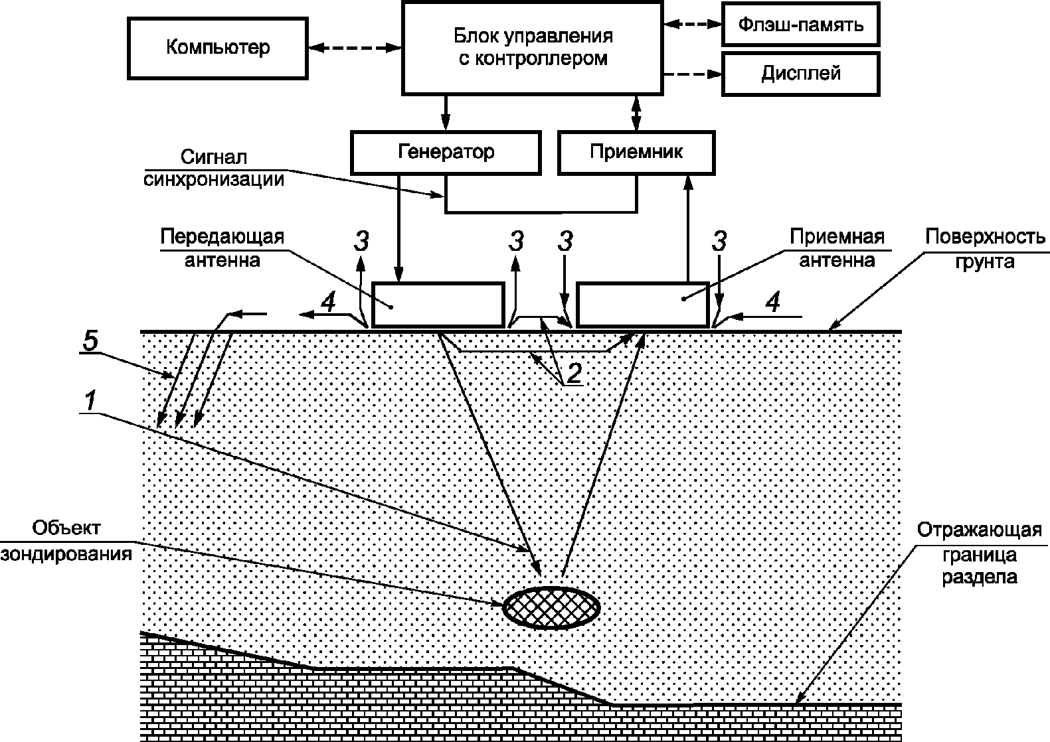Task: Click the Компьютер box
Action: click(x=218, y=48)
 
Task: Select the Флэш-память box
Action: click(x=801, y=25)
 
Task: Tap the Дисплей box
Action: click(x=801, y=74)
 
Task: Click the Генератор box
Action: click(x=446, y=153)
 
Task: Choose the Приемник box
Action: click(x=636, y=153)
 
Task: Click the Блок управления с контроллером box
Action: click(x=533, y=48)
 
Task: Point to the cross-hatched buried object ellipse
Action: click(x=551, y=607)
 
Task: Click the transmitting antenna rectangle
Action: click(x=438, y=305)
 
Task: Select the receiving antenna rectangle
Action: click(x=643, y=305)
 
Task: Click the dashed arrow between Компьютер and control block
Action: click(x=355, y=48)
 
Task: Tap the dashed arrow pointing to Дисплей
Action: click(x=693, y=74)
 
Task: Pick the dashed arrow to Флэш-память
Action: click(x=693, y=25)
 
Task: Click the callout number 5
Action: click(x=90, y=340)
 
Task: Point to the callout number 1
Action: click(x=90, y=401)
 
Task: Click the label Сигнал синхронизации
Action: click(x=214, y=169)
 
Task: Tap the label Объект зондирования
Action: click(x=66, y=542)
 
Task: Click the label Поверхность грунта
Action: click(x=985, y=249)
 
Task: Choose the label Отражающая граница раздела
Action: click(x=980, y=554)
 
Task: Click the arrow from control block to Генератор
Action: click(x=446, y=113)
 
